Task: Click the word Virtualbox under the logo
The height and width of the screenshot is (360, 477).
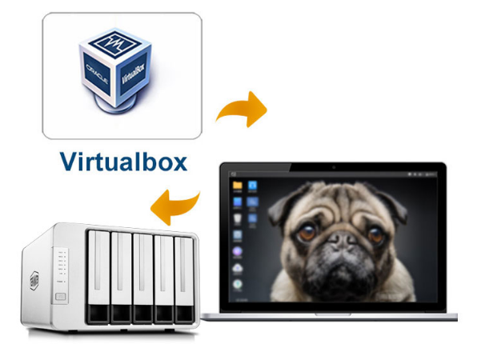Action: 123,162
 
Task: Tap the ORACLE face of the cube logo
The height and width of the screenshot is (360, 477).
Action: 98,73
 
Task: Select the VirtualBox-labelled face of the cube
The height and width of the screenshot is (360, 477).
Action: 133,74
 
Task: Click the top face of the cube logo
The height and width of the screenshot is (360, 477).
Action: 115,43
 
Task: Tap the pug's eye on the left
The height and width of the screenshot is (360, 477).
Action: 307,232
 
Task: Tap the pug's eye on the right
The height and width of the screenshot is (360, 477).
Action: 375,234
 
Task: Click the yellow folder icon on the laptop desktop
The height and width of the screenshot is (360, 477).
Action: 237,185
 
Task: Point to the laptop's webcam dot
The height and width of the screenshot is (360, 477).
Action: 334,167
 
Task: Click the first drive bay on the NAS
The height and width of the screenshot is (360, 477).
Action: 98,277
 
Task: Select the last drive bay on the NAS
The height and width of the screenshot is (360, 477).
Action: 184,280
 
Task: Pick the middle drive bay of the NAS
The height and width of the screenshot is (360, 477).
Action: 142,278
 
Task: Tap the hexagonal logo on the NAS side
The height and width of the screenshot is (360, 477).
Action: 34,280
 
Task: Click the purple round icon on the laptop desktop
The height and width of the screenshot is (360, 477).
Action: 237,251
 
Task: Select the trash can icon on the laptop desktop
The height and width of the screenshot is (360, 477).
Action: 237,218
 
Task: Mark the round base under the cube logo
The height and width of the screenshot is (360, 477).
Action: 114,103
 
